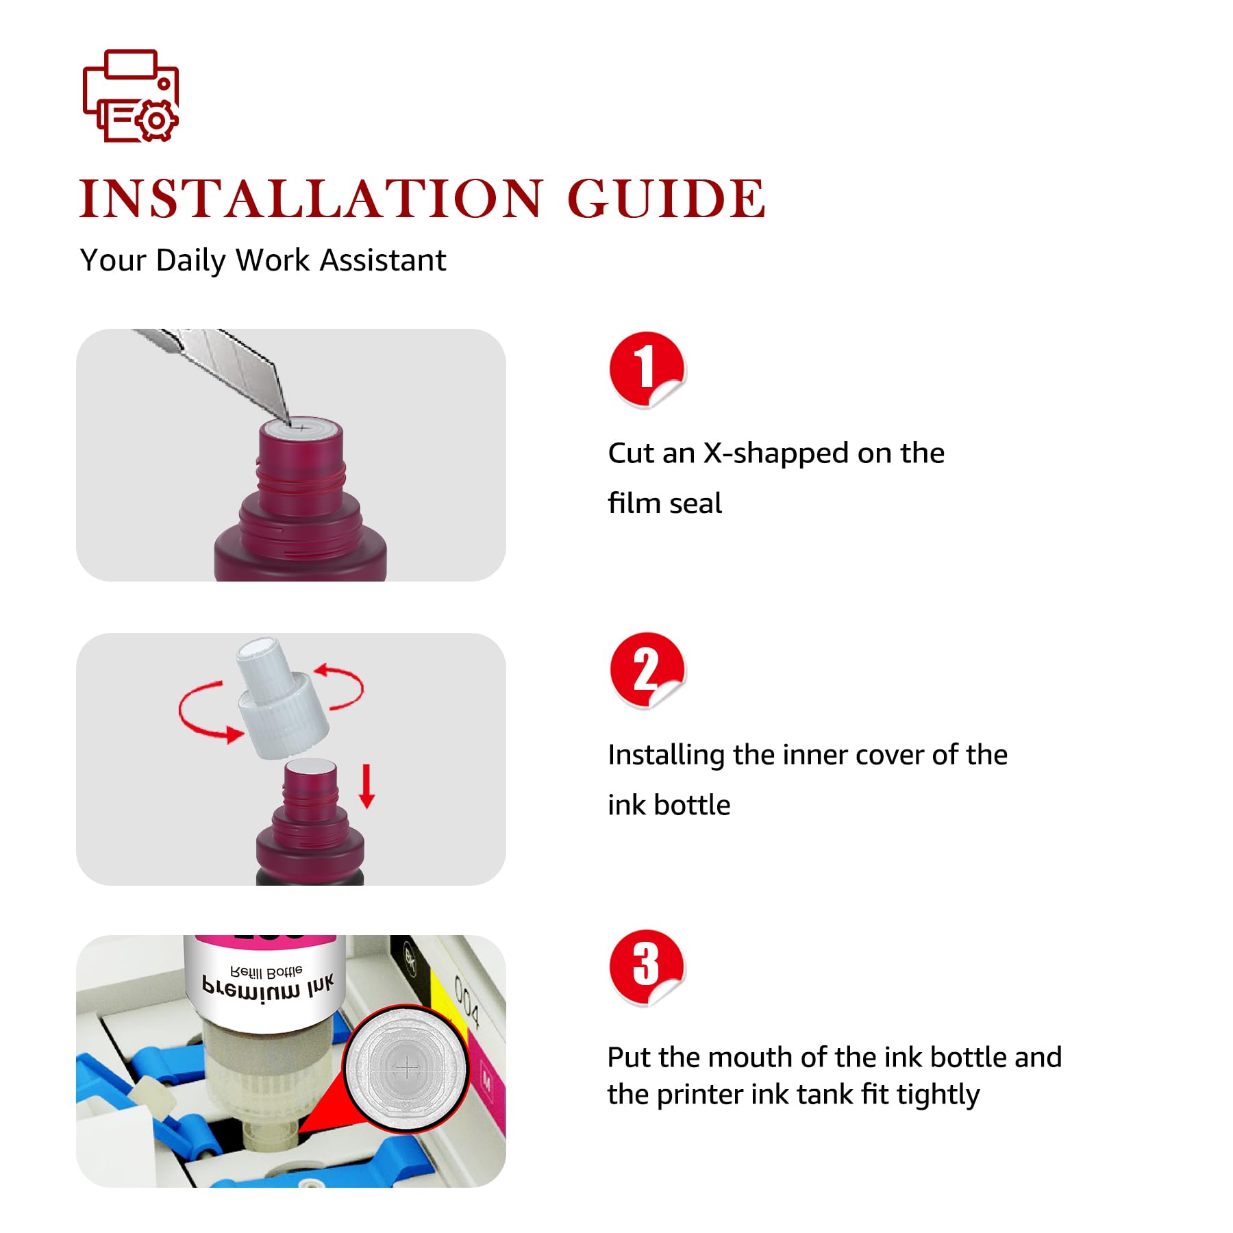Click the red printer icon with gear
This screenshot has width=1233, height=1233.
[x=130, y=96]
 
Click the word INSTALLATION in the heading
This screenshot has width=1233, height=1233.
[x=312, y=199]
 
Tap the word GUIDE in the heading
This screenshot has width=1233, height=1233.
[x=667, y=199]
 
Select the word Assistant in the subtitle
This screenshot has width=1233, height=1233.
[x=383, y=260]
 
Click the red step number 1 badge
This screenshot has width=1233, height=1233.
[x=647, y=369]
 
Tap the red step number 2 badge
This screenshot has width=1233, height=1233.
[x=647, y=670]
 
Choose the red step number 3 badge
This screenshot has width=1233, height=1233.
[x=647, y=967]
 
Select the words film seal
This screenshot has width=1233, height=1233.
[x=664, y=503]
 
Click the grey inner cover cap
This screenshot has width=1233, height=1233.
[x=281, y=697]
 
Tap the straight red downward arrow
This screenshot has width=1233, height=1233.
[x=367, y=786]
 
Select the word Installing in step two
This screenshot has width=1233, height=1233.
[x=666, y=755]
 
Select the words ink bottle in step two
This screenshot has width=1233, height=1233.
[x=669, y=805]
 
